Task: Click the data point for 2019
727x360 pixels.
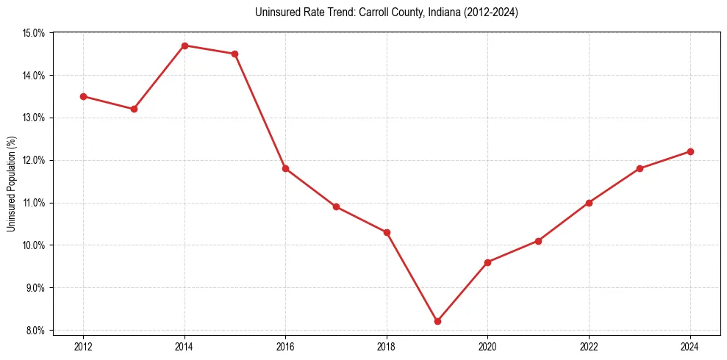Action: pos(437,321)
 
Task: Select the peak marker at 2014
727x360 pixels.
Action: pos(185,46)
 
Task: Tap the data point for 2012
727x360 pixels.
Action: pos(83,96)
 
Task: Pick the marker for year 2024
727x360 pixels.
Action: pos(690,151)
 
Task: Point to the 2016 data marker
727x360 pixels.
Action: pos(285,168)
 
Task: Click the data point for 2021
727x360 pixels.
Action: pos(539,241)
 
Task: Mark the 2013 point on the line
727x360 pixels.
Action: pos(134,109)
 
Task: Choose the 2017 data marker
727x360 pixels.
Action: pos(336,206)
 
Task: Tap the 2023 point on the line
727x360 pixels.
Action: pos(640,168)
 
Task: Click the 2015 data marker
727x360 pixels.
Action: pos(234,54)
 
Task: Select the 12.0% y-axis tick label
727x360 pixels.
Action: pos(35,160)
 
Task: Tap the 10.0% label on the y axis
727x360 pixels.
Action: pos(35,245)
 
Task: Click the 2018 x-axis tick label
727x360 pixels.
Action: pos(387,345)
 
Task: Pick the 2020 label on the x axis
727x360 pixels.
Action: pos(488,345)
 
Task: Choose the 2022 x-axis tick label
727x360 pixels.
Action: pos(589,345)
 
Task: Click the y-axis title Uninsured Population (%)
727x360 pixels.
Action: pos(12,184)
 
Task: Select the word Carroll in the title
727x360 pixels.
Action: pos(375,12)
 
